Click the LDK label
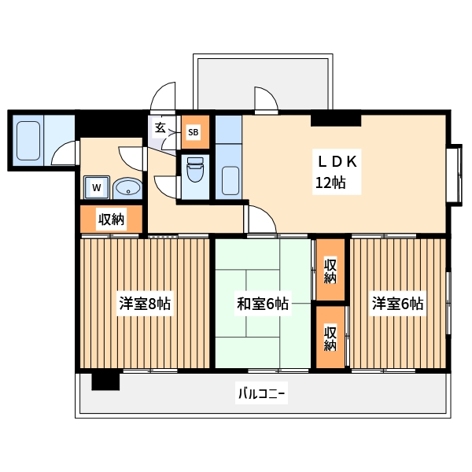point(337,161)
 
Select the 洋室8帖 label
point(145,304)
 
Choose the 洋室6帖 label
point(398,304)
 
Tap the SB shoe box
point(193,133)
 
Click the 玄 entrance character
point(160,127)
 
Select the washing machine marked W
point(96,187)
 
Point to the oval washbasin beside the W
point(127,188)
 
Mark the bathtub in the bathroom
point(28,139)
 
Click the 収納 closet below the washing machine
point(111,219)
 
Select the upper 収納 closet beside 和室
point(330,270)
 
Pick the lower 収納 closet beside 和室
point(330,337)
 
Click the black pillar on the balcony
point(105,381)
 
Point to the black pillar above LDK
point(336,120)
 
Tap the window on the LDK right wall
point(455,175)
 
